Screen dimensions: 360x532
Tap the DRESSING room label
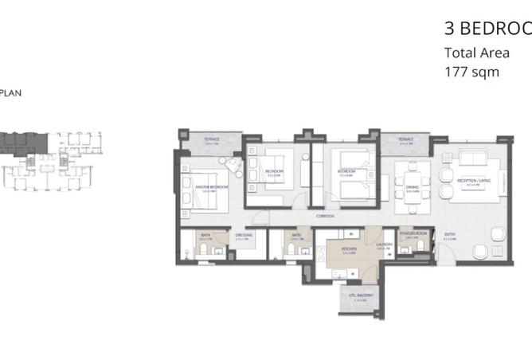coord(244,236)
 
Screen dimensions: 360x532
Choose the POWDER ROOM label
coord(416,234)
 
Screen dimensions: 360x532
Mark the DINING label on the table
coord(413,190)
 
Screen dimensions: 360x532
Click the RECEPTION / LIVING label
coord(472,182)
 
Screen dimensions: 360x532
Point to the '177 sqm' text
coord(471,71)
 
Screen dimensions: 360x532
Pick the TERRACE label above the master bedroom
coord(211,139)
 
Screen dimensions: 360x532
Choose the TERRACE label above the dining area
coord(405,140)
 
